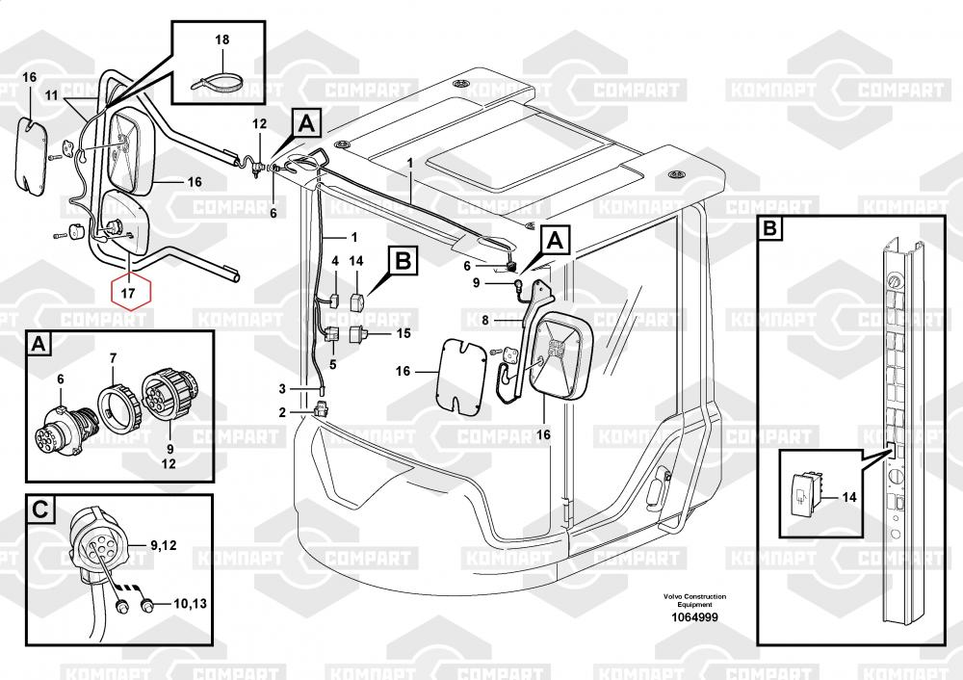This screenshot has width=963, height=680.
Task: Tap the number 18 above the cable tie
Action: [222, 40]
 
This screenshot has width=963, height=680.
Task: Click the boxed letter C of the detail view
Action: [39, 509]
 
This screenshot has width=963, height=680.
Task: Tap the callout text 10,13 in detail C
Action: [189, 605]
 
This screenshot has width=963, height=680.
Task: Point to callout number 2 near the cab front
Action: [281, 412]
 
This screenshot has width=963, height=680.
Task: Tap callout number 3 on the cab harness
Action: [281, 388]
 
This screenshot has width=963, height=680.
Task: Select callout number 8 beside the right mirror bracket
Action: [485, 319]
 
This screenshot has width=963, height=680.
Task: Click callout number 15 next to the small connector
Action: [403, 333]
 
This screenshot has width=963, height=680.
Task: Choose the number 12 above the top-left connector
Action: [259, 124]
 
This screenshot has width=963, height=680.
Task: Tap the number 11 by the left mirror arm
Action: [51, 93]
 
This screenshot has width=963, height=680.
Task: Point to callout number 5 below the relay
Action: [334, 364]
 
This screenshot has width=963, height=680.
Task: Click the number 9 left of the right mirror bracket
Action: [476, 282]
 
